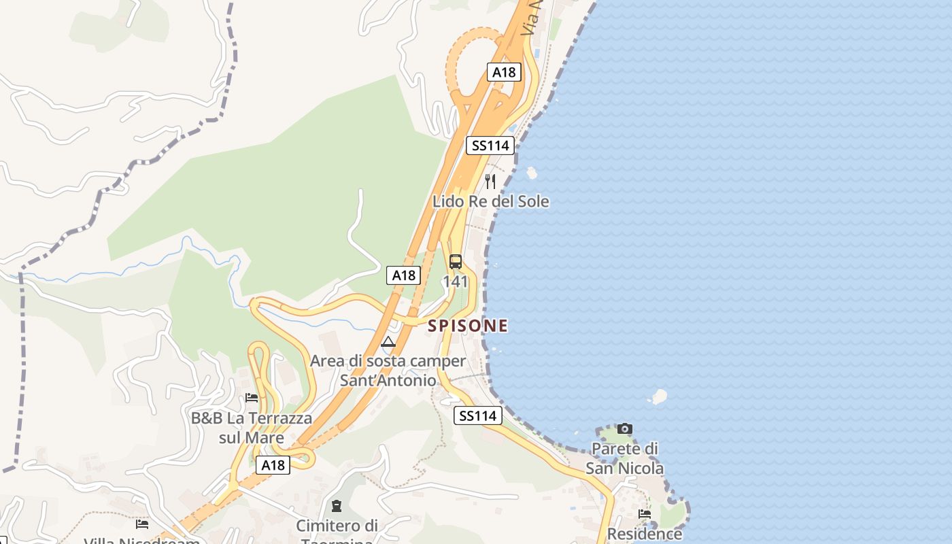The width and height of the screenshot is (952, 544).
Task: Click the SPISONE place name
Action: [x=468, y=326]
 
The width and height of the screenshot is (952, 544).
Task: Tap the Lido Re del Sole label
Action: [x=491, y=201]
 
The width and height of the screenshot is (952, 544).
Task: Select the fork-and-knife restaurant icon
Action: [x=490, y=181]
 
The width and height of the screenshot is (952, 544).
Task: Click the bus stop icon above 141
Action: [x=456, y=262]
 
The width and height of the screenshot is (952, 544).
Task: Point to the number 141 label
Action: [x=456, y=282]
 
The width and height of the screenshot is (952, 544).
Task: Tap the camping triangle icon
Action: [x=388, y=341]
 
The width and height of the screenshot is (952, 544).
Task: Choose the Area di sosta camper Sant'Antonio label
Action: [x=388, y=371]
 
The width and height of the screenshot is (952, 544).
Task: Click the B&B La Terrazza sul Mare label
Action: [x=252, y=428]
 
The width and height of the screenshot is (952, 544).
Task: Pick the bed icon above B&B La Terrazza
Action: [x=252, y=397]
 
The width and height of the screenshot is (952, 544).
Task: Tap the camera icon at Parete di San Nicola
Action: [x=625, y=428]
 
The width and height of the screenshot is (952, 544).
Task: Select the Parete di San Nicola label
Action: [x=625, y=458]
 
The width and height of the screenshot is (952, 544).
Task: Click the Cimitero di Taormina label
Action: [x=337, y=530]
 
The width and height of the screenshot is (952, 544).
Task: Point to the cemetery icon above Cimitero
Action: [x=337, y=506]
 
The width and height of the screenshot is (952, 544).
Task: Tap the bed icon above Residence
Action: [x=645, y=514]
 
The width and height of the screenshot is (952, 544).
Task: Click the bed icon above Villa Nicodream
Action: [x=142, y=524]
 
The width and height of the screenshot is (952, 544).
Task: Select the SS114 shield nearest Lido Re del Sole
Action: [x=490, y=145]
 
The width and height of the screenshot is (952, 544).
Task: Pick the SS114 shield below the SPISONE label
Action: [x=478, y=415]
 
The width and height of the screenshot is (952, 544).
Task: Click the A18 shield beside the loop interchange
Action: [x=504, y=72]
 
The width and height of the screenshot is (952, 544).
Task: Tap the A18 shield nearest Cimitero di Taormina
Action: [x=273, y=465]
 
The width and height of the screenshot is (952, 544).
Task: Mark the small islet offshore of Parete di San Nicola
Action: [x=659, y=396]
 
